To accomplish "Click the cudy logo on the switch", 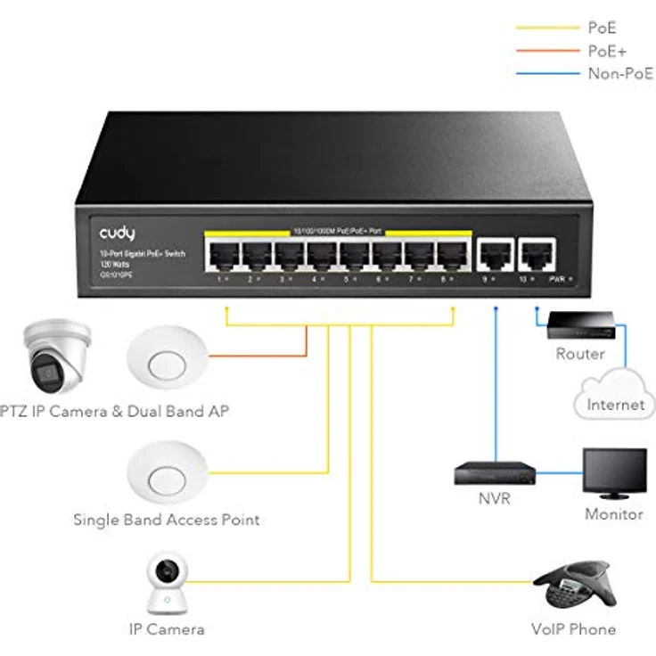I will [x=118, y=233].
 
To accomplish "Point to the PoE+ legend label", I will [x=605, y=52].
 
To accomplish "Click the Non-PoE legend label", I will [x=619, y=74].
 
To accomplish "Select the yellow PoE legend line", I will [x=546, y=29].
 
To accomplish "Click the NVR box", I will [x=494, y=472].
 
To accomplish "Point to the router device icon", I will [x=580, y=324].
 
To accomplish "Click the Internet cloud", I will [x=615, y=397].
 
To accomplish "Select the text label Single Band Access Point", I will [x=167, y=519].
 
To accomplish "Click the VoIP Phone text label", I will [x=573, y=629].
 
